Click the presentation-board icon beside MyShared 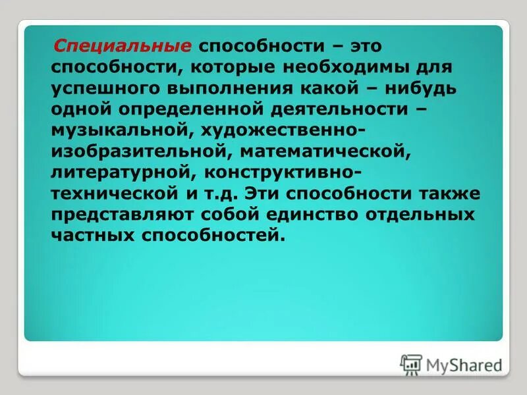coord(411,363)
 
